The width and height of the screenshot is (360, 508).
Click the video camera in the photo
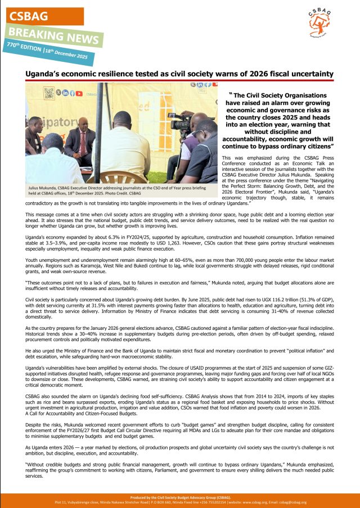point(181,122)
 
